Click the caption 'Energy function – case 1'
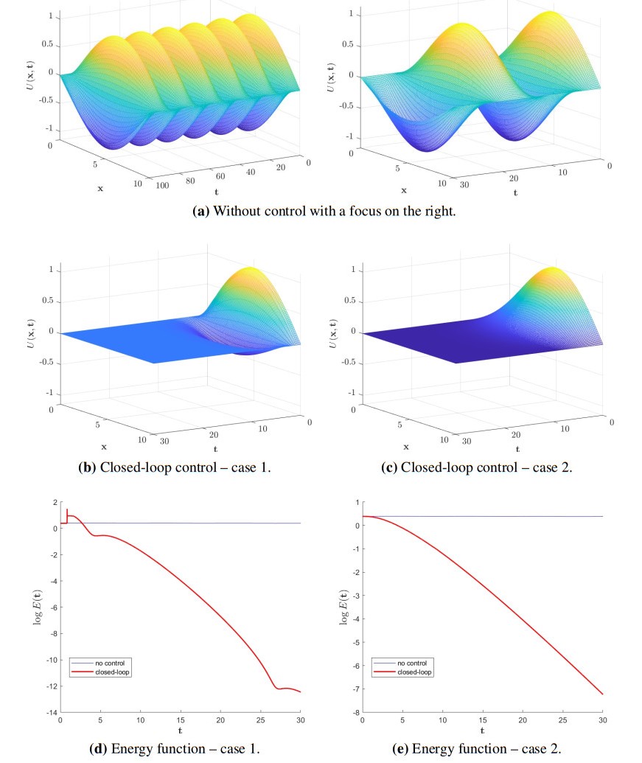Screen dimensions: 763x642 click(x=174, y=749)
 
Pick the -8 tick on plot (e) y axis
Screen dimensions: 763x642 click(x=355, y=713)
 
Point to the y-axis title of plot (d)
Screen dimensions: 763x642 click(x=37, y=607)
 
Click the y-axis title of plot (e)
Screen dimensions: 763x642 click(x=343, y=607)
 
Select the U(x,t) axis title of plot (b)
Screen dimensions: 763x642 click(x=37, y=332)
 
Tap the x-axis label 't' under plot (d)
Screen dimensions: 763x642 click(x=180, y=731)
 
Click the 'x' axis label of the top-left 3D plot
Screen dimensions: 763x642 click(x=100, y=188)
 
